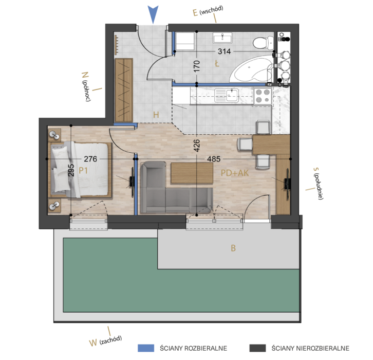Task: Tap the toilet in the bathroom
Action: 263,43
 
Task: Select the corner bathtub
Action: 251,69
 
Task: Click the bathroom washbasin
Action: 222,38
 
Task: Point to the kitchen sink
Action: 226,95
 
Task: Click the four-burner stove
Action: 263,96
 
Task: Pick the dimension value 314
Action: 224,51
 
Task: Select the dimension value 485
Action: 214,159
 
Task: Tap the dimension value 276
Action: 90,159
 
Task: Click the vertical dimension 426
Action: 196,146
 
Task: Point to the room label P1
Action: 83,170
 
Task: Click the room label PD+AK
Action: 235,173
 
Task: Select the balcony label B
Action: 233,248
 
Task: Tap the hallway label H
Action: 156,115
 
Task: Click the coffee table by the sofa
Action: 192,173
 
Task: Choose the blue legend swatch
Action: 146,348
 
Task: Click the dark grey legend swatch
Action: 257,348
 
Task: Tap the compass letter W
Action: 93,343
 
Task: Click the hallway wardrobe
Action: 124,90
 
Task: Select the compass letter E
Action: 195,13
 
